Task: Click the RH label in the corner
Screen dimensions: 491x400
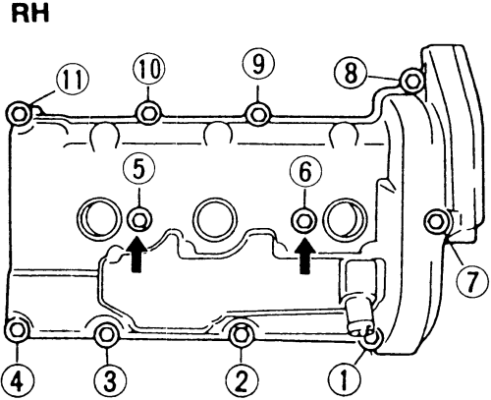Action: (30, 14)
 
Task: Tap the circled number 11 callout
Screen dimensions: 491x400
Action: (73, 81)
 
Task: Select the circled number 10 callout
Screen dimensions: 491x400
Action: (149, 69)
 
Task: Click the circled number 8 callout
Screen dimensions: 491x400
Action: (351, 73)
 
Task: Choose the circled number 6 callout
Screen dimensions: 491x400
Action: (305, 172)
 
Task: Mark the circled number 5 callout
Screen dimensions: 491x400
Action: (139, 169)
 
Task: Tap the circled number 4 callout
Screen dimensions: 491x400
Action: (18, 381)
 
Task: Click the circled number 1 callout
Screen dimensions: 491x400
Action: (344, 380)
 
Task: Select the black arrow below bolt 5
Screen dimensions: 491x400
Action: (138, 255)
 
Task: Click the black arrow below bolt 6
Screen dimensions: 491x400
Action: (305, 255)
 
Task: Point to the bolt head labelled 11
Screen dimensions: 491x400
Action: (19, 114)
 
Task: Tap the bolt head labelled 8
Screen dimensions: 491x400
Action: (412, 81)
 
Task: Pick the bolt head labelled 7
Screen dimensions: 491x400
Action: (436, 222)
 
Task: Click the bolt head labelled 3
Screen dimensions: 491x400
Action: (106, 334)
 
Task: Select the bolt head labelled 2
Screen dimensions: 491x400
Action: (242, 335)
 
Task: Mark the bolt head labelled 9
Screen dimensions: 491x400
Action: (258, 115)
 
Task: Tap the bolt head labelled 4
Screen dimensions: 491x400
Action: (18, 330)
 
